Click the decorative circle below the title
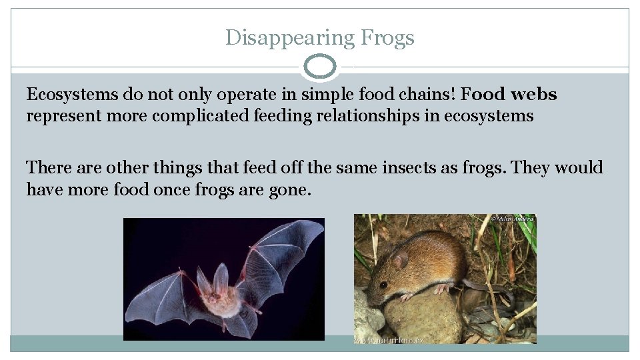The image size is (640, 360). [320, 67]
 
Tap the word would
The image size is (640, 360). [578, 167]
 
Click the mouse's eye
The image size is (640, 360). [383, 283]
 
